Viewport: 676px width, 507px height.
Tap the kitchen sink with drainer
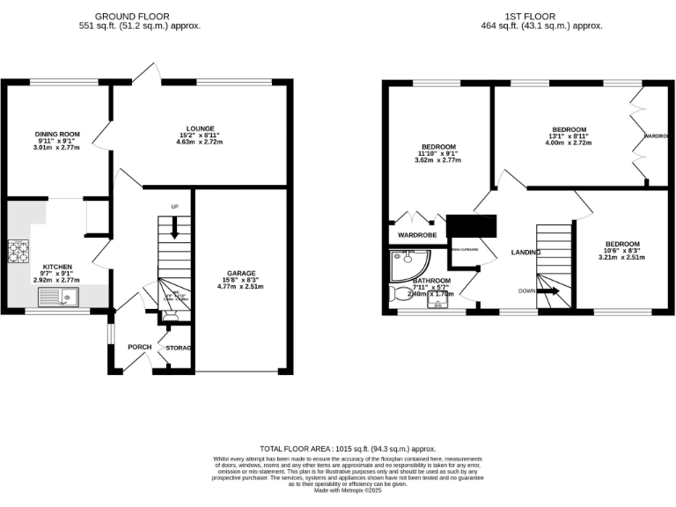[67, 298]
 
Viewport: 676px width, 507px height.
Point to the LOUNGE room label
[200, 129]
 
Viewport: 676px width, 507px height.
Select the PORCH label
[140, 347]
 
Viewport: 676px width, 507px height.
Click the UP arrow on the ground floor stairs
[175, 226]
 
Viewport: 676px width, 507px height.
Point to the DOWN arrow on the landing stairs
[547, 291]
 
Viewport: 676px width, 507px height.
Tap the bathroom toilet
[396, 294]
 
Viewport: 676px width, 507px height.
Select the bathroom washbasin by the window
[437, 304]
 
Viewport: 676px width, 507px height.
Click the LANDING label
[526, 253]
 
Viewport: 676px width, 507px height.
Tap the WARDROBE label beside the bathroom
[417, 235]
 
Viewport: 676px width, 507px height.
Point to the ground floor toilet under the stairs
[170, 312]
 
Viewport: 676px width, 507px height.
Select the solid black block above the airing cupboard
[471, 226]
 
